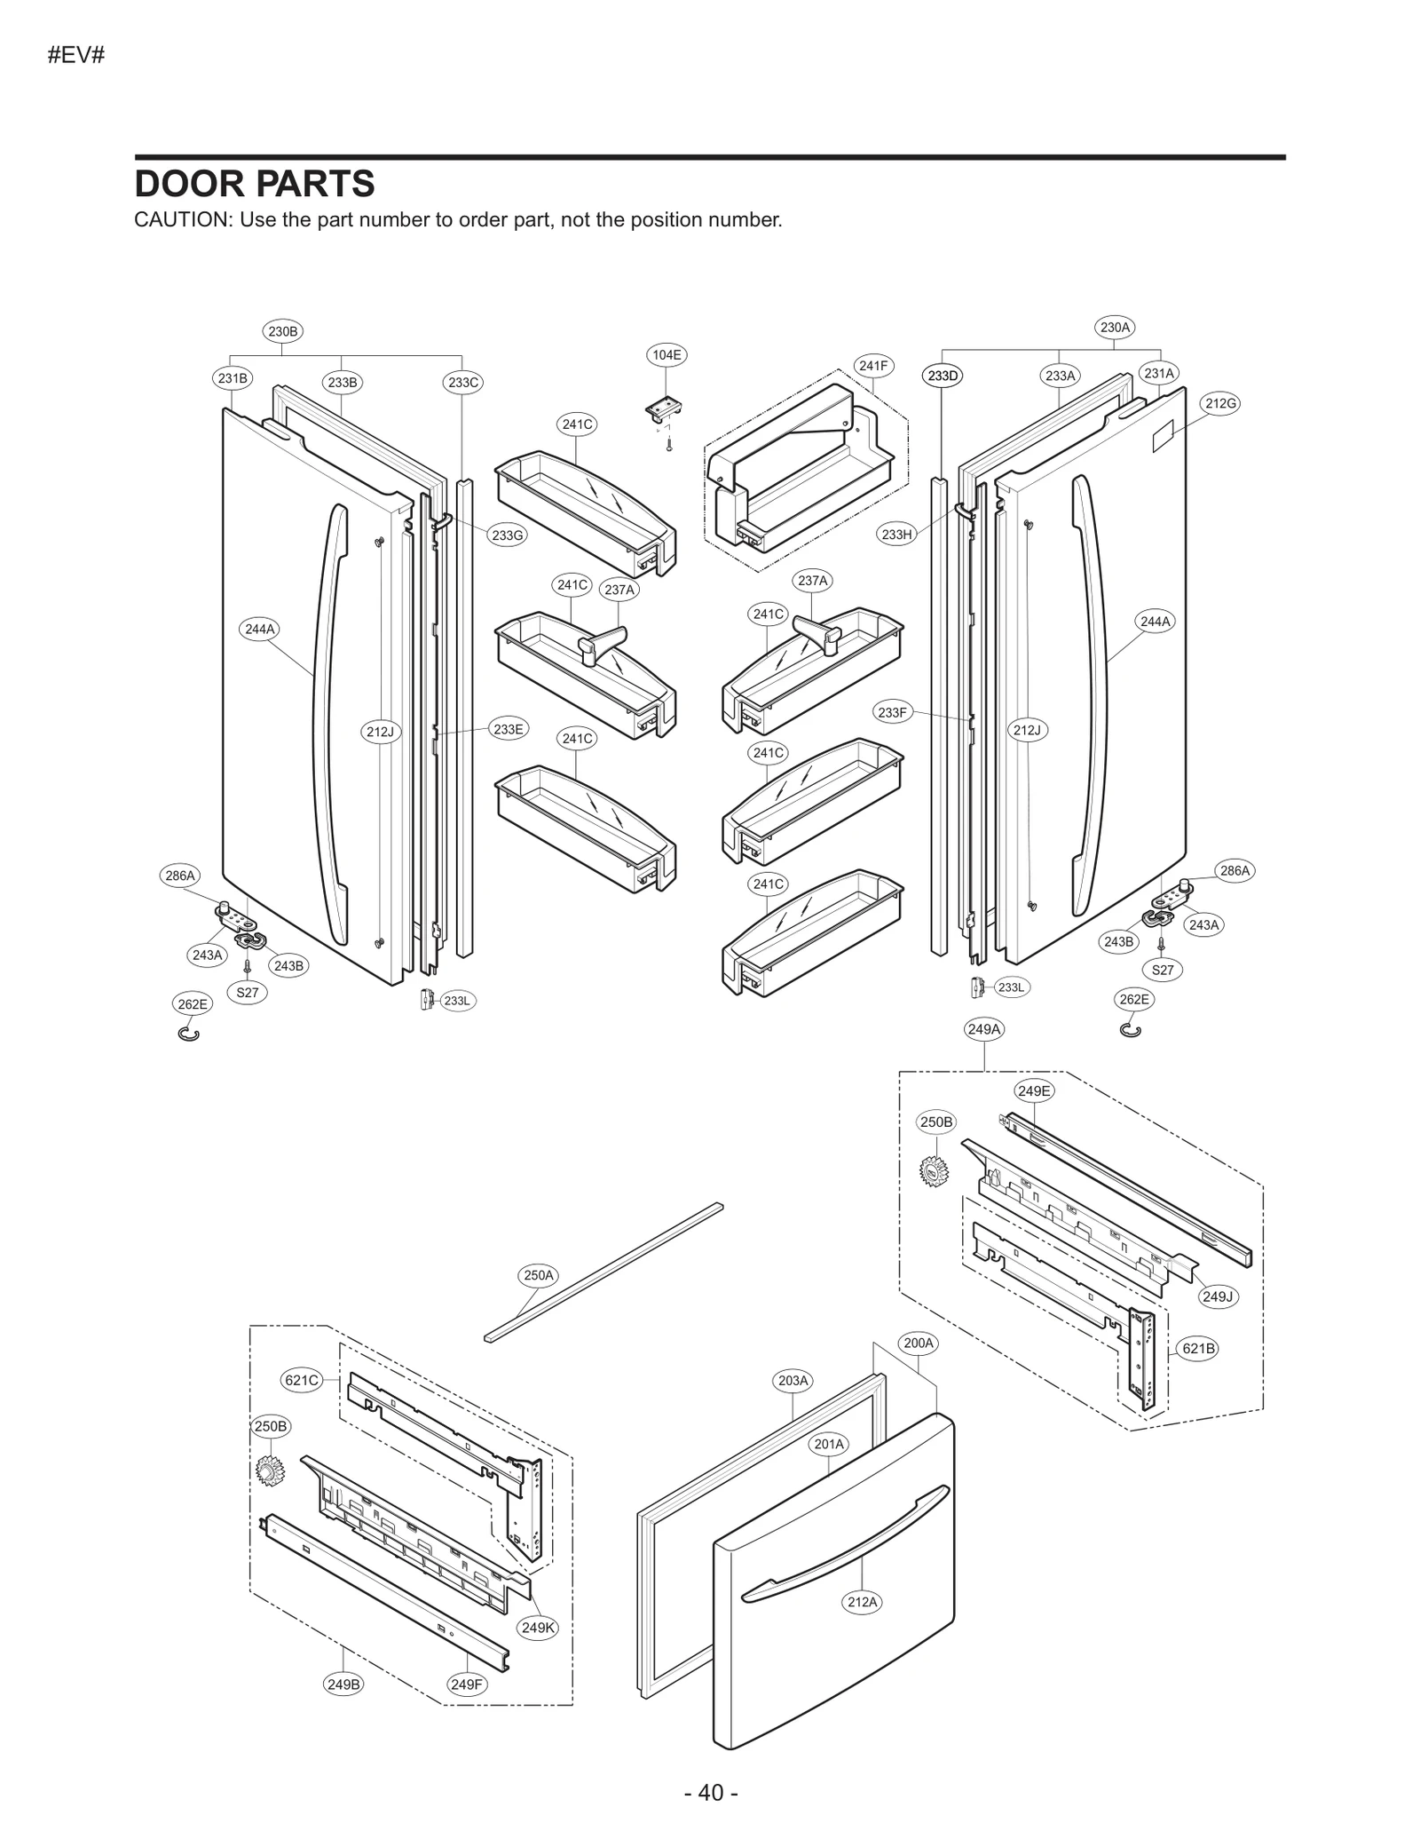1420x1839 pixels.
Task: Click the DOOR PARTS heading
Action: pyautogui.click(x=254, y=184)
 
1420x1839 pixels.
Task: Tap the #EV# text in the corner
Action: pyautogui.click(x=76, y=55)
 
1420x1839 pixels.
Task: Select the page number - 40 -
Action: pyautogui.click(x=711, y=1792)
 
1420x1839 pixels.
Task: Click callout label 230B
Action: pyautogui.click(x=282, y=331)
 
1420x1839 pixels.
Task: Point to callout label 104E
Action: pyautogui.click(x=667, y=354)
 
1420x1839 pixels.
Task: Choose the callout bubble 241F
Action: pyautogui.click(x=873, y=365)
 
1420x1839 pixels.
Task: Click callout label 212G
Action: pyautogui.click(x=1220, y=403)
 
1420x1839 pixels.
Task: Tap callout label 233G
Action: pyautogui.click(x=508, y=535)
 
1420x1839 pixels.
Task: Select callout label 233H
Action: pyautogui.click(x=896, y=534)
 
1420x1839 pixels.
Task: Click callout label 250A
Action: pyautogui.click(x=539, y=1275)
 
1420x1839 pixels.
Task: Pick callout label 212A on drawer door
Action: pyautogui.click(x=862, y=1602)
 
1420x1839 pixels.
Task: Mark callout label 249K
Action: pyautogui.click(x=538, y=1628)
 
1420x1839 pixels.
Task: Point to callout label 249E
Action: pyautogui.click(x=1034, y=1090)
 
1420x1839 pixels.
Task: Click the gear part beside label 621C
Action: pyautogui.click(x=265, y=1471)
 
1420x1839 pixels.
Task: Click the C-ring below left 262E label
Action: pyautogui.click(x=189, y=1034)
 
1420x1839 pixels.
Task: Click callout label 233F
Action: pyautogui.click(x=893, y=712)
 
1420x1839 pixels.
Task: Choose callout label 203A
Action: pyautogui.click(x=793, y=1380)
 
